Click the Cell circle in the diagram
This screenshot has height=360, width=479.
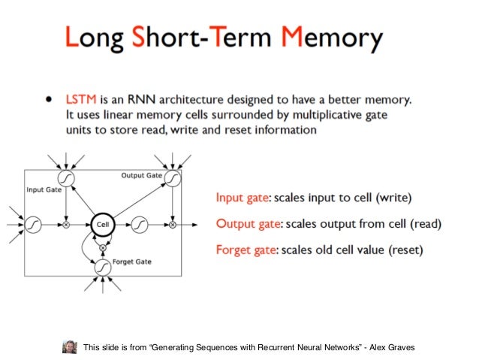(x=101, y=224)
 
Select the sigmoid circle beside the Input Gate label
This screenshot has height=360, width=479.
(x=66, y=178)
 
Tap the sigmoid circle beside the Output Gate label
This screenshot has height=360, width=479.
(x=173, y=178)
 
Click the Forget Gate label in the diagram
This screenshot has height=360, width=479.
(x=131, y=262)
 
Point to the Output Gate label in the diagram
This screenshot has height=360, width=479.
(x=141, y=175)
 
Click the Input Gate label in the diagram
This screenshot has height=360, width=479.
(x=44, y=189)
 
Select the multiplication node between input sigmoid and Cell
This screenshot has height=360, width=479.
(x=66, y=224)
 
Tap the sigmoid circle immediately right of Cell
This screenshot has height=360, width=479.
(x=138, y=224)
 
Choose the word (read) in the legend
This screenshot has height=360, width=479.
(x=423, y=223)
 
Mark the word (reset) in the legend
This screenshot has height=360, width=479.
(x=405, y=250)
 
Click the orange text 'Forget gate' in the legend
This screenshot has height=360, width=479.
(x=246, y=250)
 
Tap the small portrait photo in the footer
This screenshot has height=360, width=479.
(x=70, y=346)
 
